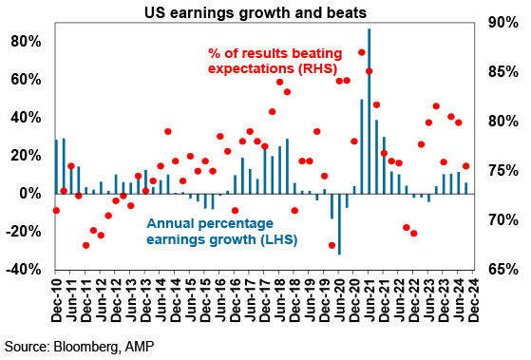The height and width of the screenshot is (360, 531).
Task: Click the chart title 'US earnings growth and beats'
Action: (256, 13)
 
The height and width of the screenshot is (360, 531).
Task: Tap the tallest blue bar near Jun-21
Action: (370, 111)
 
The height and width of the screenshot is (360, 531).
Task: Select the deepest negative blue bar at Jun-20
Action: (339, 224)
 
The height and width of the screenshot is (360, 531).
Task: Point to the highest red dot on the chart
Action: (362, 52)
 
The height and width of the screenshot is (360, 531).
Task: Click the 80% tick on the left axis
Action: (26, 42)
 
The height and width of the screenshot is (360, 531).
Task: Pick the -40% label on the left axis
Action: (23, 270)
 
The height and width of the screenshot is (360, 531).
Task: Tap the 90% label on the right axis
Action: (503, 23)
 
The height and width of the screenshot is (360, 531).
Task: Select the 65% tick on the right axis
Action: (503, 270)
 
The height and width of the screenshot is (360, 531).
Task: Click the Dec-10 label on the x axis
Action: (57, 301)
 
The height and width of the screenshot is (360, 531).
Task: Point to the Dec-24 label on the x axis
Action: (474, 301)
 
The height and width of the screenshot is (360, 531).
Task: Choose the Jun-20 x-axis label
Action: (340, 301)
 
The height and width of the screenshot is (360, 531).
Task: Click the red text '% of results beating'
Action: (275, 53)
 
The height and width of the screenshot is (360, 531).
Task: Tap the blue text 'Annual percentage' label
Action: (210, 223)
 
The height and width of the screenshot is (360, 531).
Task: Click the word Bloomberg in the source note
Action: (86, 347)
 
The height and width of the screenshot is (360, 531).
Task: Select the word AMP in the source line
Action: (140, 347)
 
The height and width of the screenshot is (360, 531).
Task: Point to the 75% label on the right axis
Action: (503, 171)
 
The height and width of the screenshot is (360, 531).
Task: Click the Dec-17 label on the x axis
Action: (265, 301)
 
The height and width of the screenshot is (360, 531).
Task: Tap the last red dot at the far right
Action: (466, 166)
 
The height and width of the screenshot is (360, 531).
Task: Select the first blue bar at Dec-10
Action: (57, 166)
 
